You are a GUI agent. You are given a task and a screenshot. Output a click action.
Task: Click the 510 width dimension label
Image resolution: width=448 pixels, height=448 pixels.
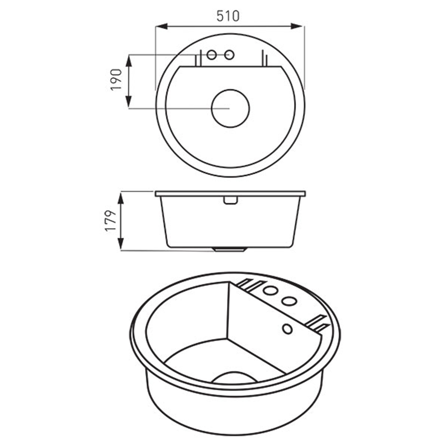coord(228,16)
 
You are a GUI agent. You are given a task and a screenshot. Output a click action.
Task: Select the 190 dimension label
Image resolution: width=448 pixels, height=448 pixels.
coord(116,80)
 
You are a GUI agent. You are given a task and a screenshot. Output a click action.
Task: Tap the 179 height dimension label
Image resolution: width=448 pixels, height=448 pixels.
coord(111,221)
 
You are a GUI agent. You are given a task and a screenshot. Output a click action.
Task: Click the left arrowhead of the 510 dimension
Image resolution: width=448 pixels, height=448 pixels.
coord(161,26)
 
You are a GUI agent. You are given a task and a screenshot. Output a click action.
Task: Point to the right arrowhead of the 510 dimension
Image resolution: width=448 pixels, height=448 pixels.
coord(296,26)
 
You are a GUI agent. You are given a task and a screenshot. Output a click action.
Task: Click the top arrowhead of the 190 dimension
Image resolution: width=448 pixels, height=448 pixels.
coord(129,60)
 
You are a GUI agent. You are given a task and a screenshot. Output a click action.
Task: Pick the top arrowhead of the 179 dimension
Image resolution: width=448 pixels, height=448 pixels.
coord(121,198)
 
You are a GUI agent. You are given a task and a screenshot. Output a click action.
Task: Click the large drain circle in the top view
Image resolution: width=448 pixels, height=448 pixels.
coord(230,108)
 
